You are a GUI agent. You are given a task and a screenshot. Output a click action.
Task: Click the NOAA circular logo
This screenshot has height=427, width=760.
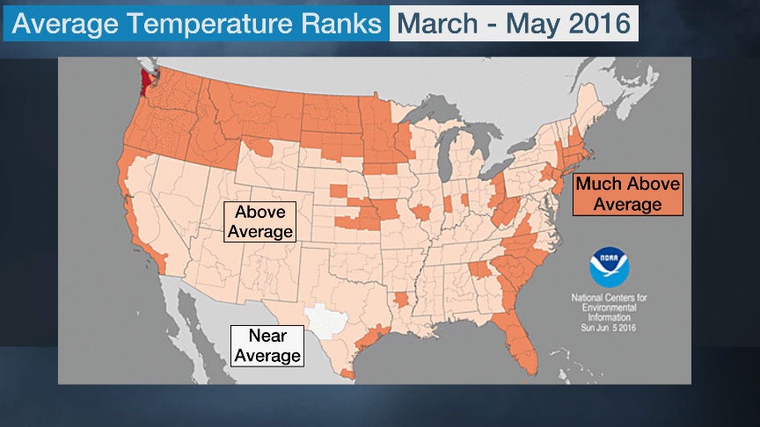[609, 267]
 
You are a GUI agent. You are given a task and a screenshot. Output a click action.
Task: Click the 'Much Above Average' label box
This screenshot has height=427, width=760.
[628, 194]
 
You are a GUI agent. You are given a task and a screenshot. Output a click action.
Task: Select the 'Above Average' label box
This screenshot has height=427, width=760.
[259, 221]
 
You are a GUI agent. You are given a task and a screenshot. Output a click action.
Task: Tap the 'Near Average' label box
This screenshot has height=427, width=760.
[267, 345]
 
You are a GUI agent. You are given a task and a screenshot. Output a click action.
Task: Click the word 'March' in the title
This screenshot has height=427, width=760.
[437, 23]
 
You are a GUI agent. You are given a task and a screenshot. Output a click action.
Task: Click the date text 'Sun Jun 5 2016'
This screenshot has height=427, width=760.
[609, 328]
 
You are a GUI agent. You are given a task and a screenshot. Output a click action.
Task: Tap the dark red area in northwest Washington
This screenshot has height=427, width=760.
[144, 83]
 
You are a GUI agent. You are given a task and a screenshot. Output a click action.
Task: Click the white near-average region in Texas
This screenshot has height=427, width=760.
[325, 321]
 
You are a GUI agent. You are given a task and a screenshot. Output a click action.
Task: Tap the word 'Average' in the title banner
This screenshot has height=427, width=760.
[65, 23]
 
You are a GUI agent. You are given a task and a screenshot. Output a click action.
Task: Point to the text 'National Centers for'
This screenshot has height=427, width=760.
[609, 298]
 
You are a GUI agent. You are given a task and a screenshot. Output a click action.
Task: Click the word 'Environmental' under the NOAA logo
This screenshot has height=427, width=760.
[609, 308]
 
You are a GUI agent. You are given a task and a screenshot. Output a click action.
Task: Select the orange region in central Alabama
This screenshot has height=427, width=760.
[480, 270]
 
